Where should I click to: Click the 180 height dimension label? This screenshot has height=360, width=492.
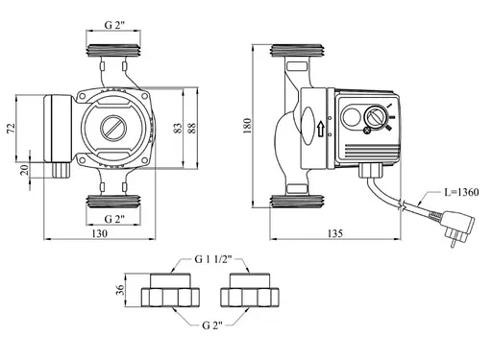click(x=248, y=126)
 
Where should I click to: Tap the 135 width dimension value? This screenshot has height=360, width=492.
click(x=335, y=233)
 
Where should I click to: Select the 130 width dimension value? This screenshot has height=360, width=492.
click(x=100, y=233)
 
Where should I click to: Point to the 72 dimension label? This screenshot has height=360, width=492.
click(x=11, y=128)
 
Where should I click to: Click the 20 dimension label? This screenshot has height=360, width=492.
click(x=24, y=170)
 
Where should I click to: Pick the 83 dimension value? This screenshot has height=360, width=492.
click(x=178, y=128)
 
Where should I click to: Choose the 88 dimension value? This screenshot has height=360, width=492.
click(x=191, y=128)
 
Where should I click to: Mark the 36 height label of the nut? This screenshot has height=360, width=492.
click(x=120, y=290)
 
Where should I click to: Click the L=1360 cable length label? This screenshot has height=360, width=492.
click(x=461, y=192)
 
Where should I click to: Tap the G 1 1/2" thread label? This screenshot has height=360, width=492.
click(x=213, y=259)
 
